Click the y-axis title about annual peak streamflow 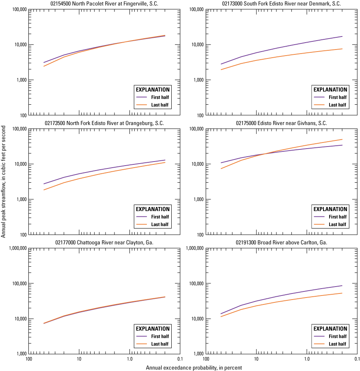[x=3, y=181]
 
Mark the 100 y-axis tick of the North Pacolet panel [x=21, y=115]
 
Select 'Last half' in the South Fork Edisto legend [x=337, y=105]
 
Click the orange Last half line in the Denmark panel [x=284, y=56]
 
